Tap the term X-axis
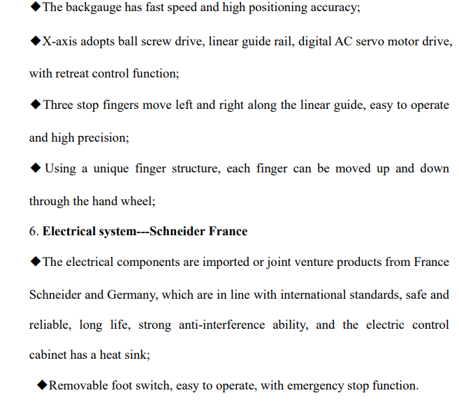click(59, 42)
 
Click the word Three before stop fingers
click(58, 105)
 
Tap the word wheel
click(137, 201)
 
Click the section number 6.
click(32, 231)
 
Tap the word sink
click(138, 355)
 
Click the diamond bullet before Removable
click(42, 385)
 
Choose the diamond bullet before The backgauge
click(35, 8)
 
